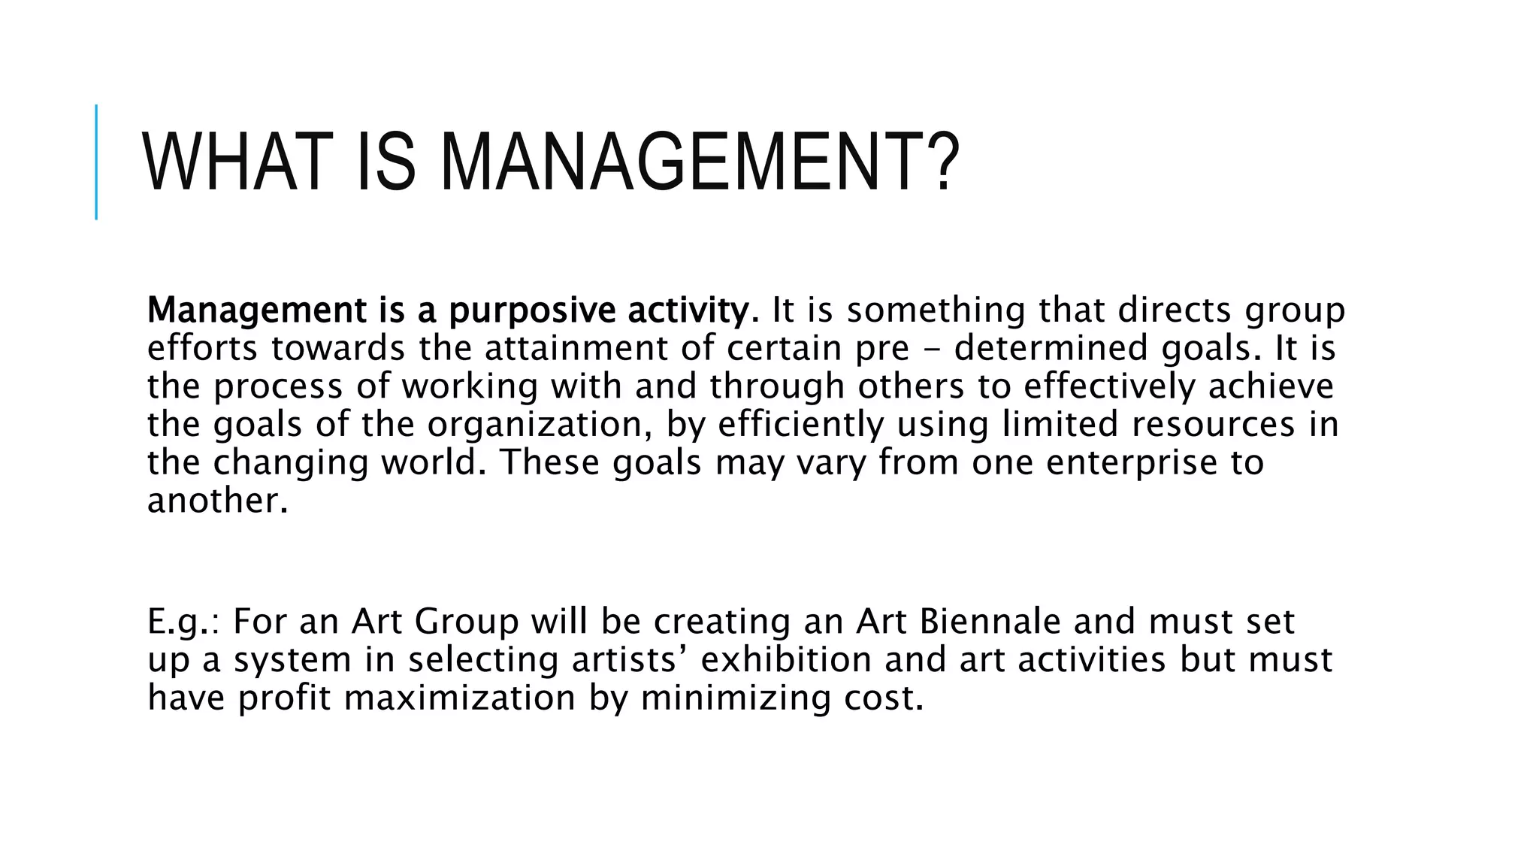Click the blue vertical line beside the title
coord(96,162)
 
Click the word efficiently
coord(800,425)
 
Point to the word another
coord(217,501)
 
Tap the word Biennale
coord(990,622)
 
